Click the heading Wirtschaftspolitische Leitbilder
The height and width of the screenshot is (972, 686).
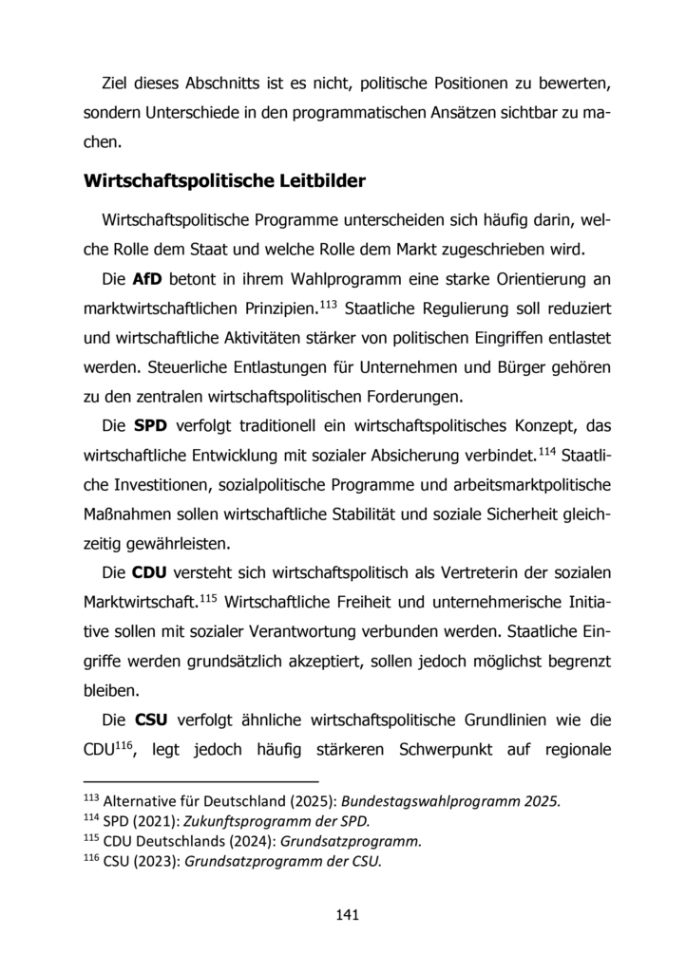point(225,179)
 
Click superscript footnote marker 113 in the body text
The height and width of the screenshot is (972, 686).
point(353,304)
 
